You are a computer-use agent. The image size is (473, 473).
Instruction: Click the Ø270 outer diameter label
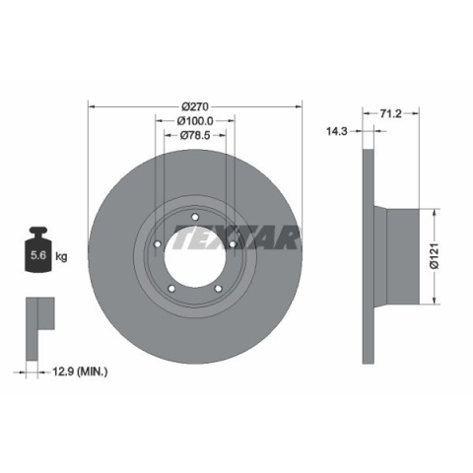(195, 106)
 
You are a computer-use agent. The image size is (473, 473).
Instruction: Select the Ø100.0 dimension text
(195, 121)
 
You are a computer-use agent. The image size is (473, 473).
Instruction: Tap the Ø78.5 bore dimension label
(195, 135)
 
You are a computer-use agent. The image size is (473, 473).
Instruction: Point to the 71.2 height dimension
(391, 113)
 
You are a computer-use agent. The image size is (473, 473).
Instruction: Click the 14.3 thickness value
(336, 131)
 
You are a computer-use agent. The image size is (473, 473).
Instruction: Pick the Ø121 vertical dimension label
(435, 256)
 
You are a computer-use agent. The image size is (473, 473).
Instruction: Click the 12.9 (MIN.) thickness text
(80, 372)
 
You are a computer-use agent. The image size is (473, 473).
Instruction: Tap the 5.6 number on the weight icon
(38, 255)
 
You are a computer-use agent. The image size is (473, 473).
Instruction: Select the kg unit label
(61, 256)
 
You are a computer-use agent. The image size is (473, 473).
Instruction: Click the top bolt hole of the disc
(195, 217)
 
